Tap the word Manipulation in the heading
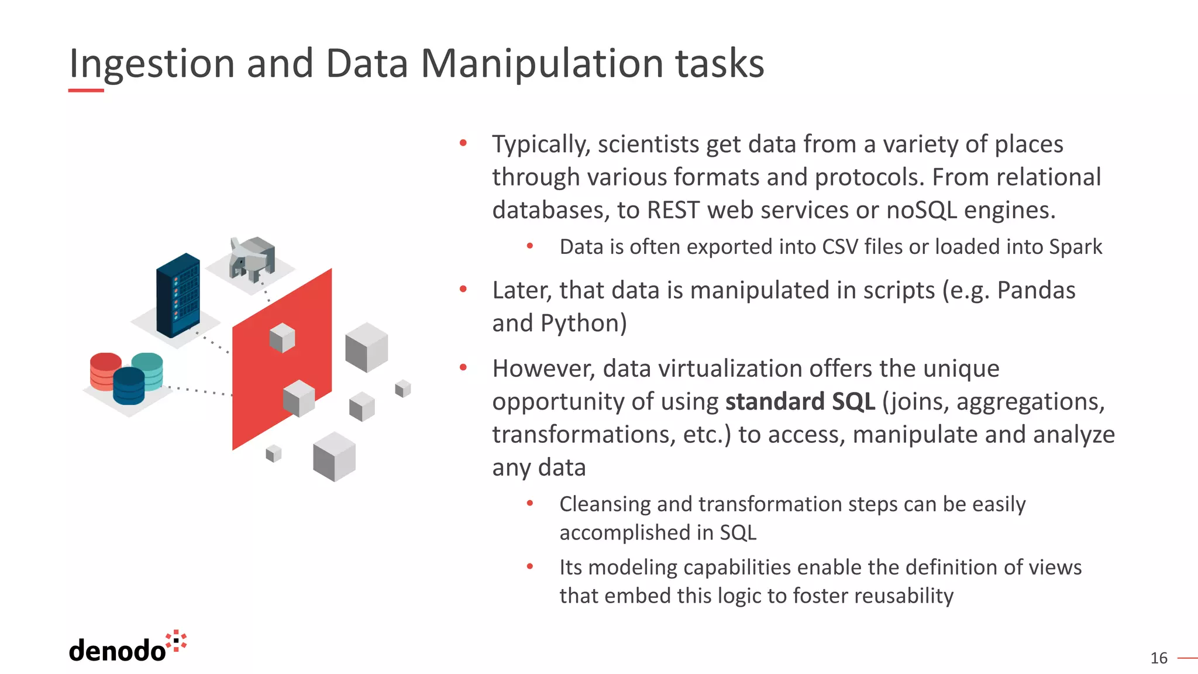tap(541, 63)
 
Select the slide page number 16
tap(1158, 658)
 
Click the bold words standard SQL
tap(800, 401)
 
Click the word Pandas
tap(1035, 290)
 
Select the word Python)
tap(583, 323)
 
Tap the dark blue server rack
tap(178, 295)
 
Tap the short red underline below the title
tap(86, 90)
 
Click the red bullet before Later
tap(463, 289)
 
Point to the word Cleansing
tap(605, 504)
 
